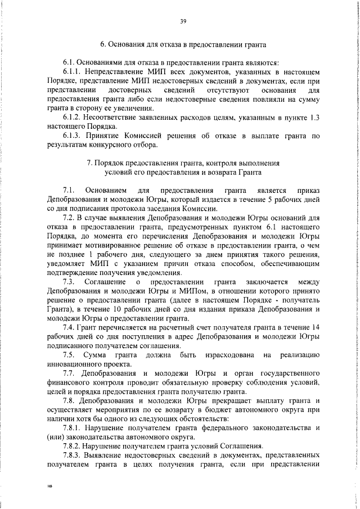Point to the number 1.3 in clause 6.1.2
314,117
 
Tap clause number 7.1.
70,191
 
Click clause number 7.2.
70,218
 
